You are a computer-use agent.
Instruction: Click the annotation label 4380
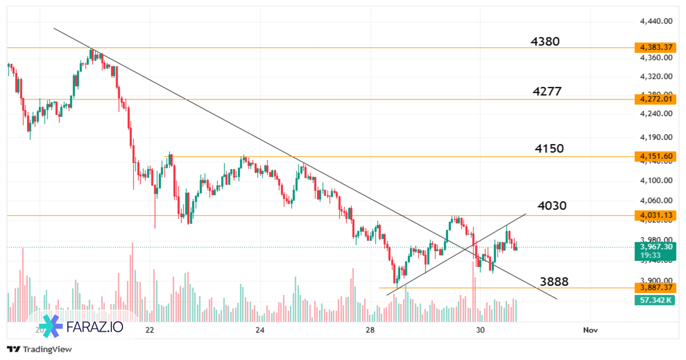[x=545, y=41]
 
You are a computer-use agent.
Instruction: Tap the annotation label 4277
[x=547, y=91]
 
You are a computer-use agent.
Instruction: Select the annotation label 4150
[x=549, y=149]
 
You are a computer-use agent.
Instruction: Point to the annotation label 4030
[x=552, y=206]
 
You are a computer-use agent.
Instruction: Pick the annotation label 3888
[x=554, y=281]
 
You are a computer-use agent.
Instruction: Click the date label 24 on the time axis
[x=260, y=330]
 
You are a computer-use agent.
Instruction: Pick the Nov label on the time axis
[x=590, y=330]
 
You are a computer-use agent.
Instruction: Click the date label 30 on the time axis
[x=480, y=330]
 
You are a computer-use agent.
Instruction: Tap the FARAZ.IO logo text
[x=94, y=327]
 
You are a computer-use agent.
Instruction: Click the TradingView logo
[x=39, y=349]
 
